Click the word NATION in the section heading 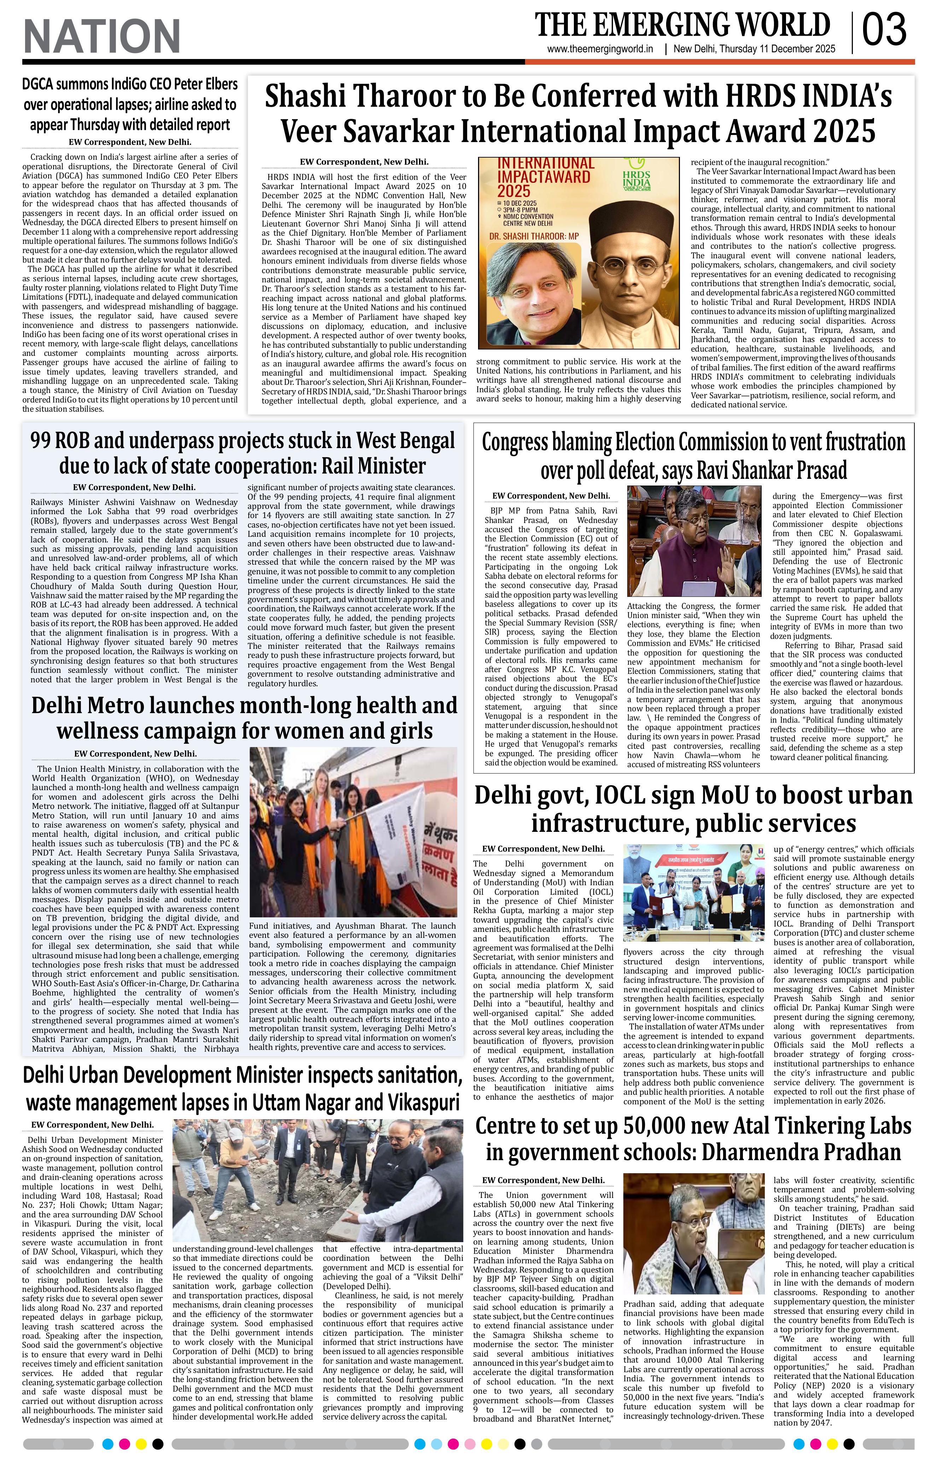(102, 36)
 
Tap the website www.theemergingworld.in (600, 49)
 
